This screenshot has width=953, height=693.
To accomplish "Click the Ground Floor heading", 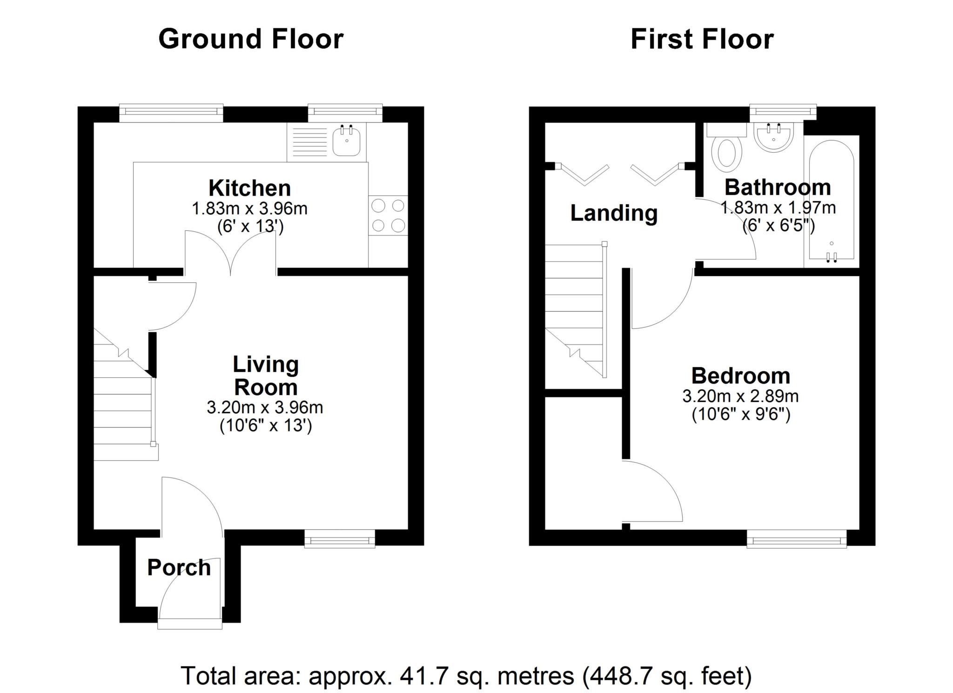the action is [251, 39].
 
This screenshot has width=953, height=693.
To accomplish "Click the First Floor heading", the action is [702, 39].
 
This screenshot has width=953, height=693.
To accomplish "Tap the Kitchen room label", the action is [250, 188].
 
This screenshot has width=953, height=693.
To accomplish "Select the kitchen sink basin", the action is [346, 141].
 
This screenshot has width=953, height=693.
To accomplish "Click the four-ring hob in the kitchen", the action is [388, 215].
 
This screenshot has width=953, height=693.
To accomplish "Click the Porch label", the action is [179, 568].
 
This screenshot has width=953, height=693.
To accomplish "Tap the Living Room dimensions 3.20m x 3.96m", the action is [265, 408].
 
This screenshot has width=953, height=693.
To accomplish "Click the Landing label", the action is [614, 214].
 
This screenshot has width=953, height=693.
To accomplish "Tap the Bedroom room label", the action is [741, 376].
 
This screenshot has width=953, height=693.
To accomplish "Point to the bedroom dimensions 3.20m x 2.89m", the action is [740, 396].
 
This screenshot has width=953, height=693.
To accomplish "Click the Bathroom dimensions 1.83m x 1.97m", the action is [778, 208].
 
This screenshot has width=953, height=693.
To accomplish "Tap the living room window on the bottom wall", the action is [340, 539].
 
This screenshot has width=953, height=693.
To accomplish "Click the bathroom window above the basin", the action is [783, 111].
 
